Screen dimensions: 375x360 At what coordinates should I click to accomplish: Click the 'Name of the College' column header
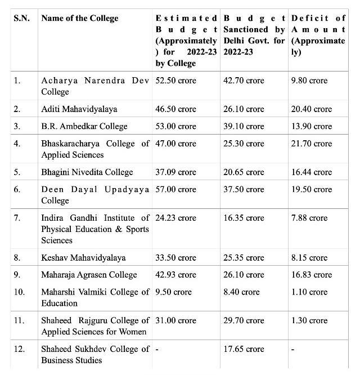pyautogui.click(x=80, y=19)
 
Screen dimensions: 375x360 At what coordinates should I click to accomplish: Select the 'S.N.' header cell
pyautogui.click(x=21, y=19)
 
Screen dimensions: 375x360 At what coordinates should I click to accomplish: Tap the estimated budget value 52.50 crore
pyautogui.click(x=176, y=81)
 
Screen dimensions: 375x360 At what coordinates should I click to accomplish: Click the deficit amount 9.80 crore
pyautogui.click(x=309, y=81)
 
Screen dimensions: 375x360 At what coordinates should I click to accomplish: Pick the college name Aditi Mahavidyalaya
pyautogui.click(x=79, y=109)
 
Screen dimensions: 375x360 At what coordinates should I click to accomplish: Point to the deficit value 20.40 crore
pyautogui.click(x=311, y=109)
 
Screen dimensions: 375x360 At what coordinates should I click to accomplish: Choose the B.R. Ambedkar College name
pyautogui.click(x=84, y=126)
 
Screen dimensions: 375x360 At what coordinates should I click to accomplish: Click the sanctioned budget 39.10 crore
pyautogui.click(x=244, y=126)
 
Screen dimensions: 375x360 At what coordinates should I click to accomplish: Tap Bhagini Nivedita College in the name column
pyautogui.click(x=87, y=172)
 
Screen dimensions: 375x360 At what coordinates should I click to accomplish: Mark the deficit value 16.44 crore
pyautogui.click(x=311, y=172)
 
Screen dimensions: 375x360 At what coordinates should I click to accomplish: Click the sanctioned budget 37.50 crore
pyautogui.click(x=244, y=189)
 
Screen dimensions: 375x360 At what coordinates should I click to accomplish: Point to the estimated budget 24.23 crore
pyautogui.click(x=176, y=217)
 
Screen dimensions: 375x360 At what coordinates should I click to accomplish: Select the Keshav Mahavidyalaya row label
pyautogui.click(x=83, y=257)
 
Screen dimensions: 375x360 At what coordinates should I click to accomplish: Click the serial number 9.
pyautogui.click(x=17, y=275)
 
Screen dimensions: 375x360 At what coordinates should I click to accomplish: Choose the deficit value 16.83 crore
pyautogui.click(x=311, y=275)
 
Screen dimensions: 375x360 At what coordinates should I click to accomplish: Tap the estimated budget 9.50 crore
pyautogui.click(x=174, y=292)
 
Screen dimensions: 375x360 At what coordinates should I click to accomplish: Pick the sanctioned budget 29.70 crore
pyautogui.click(x=244, y=320)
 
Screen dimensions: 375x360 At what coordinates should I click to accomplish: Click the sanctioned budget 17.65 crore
pyautogui.click(x=244, y=349)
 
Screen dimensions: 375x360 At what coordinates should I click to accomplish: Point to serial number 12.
pyautogui.click(x=19, y=349)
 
